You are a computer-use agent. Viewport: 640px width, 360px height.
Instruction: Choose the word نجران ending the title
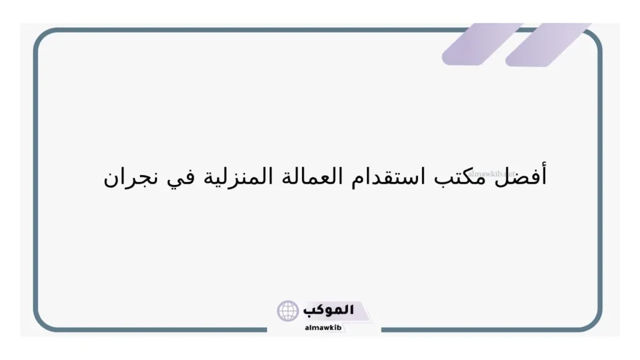[127, 178]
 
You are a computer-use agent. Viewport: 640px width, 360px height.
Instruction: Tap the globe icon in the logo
[288, 311]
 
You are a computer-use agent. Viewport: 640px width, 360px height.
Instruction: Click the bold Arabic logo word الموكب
[329, 309]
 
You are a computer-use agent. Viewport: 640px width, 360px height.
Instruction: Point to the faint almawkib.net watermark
[496, 174]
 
